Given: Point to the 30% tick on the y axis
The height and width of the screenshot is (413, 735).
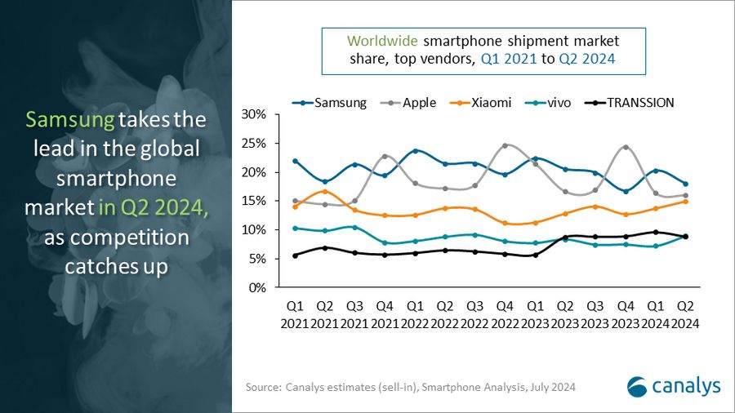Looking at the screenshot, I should tap(255, 114).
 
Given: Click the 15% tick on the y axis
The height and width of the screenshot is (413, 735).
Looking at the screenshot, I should tap(255, 201).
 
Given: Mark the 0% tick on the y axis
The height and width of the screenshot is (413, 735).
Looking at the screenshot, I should tap(258, 288).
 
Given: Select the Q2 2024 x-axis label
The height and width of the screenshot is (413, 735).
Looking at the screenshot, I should tap(685, 315).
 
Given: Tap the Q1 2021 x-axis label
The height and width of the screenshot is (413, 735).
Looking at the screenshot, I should tap(295, 315).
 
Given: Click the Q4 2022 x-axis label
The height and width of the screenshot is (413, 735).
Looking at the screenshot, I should tap(505, 315).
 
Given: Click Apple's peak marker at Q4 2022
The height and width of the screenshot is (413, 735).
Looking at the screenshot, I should tap(505, 145).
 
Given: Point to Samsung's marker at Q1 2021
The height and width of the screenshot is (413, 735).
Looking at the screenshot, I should tap(295, 161).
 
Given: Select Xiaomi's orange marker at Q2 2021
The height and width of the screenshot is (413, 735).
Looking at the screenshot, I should tap(325, 192).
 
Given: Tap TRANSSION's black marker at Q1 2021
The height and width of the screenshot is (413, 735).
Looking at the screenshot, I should tap(295, 255).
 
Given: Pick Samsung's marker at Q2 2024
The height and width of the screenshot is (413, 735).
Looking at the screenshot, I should tap(685, 184).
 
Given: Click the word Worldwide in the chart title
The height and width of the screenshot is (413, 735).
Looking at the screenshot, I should tap(379, 41).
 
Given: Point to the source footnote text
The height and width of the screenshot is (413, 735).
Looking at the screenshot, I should tap(411, 387).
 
